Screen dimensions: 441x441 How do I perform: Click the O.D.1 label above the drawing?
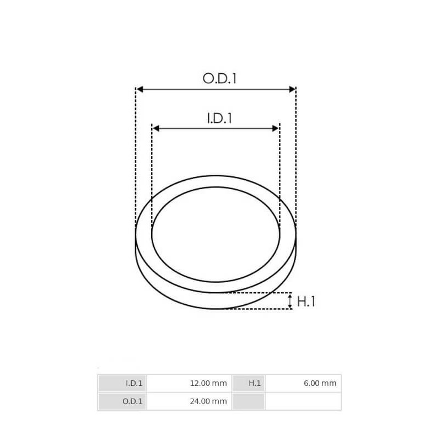tap(219, 78)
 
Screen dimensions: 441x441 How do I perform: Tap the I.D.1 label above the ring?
tap(219, 118)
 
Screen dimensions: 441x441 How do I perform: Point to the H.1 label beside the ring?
tap(306, 302)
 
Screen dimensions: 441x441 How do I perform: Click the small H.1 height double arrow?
tap(290, 301)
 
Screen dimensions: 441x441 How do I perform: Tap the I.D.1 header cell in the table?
tap(122, 383)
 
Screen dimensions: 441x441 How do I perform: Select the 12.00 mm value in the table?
tap(189, 383)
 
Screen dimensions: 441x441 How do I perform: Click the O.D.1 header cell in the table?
tap(122, 401)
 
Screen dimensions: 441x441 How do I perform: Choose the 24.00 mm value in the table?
tap(189, 401)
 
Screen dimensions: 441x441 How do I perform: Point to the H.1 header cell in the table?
tap(249, 383)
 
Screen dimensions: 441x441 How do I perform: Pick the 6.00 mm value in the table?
tap(303, 383)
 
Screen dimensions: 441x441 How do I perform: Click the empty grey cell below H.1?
tap(249, 401)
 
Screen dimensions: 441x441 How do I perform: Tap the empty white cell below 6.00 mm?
tap(303, 401)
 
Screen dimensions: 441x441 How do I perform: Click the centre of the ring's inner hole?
tap(216, 234)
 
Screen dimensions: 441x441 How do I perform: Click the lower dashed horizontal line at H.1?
tap(259, 309)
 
